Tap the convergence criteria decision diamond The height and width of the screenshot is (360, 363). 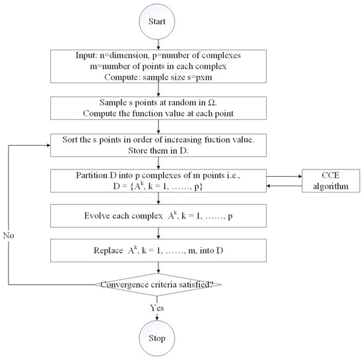pyautogui.click(x=158, y=284)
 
